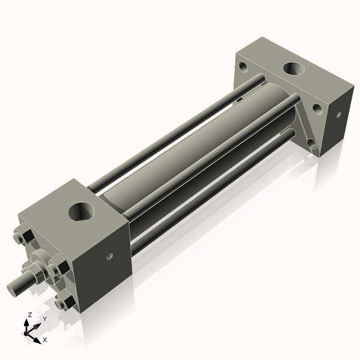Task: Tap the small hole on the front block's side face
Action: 109,256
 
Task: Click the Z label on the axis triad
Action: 29,314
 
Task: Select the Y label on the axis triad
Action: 44,319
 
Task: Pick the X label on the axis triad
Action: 44,340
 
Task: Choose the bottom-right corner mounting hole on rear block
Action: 311,143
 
